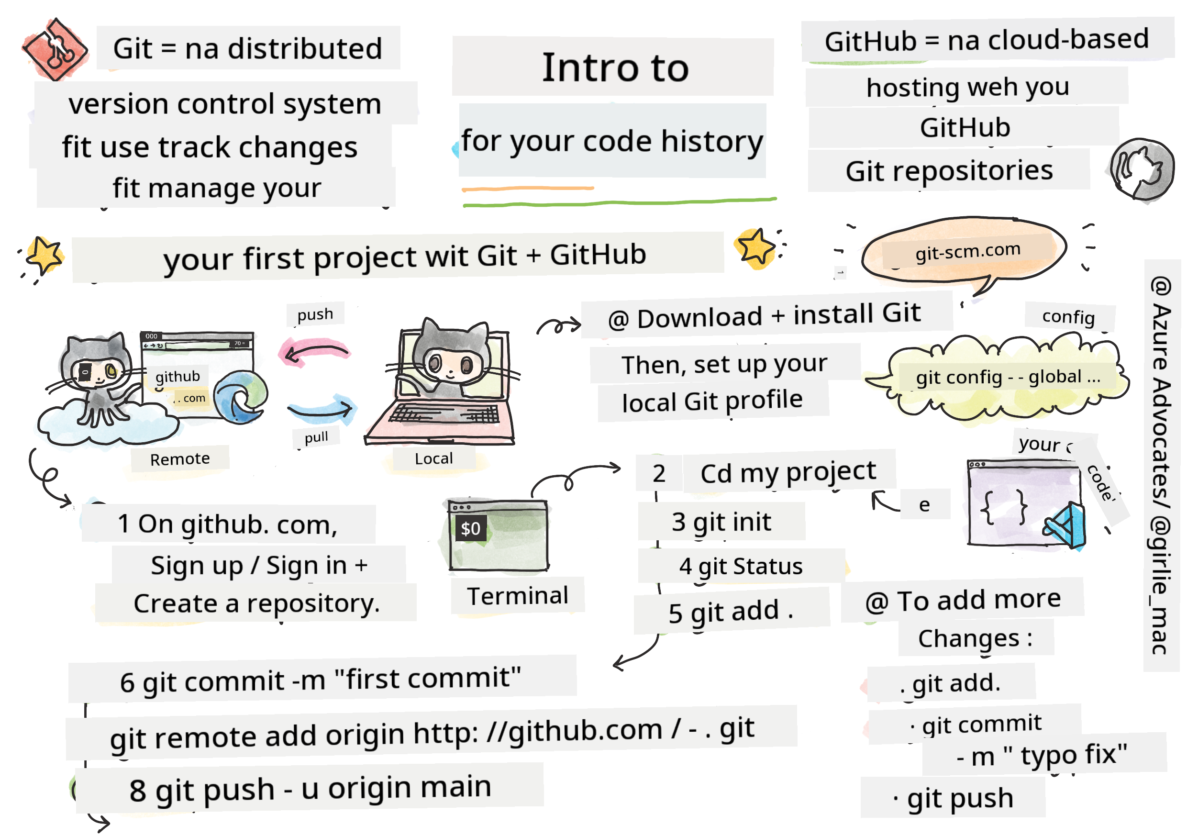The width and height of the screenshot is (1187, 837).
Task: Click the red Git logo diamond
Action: pyautogui.click(x=55, y=50)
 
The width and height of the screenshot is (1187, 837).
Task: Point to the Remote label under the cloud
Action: pyautogui.click(x=180, y=459)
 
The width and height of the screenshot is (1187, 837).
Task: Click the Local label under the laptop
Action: pyautogui.click(x=434, y=458)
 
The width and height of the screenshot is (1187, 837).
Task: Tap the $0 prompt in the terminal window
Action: pyautogui.click(x=470, y=528)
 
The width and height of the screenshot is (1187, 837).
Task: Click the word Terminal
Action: pyautogui.click(x=518, y=596)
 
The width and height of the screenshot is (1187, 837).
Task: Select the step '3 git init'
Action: pyautogui.click(x=721, y=522)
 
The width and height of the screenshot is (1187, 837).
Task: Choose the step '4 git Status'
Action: pyautogui.click(x=741, y=567)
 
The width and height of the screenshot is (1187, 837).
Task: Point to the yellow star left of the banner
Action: pyautogui.click(x=44, y=255)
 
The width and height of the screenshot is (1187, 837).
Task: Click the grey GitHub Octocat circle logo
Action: pyautogui.click(x=1142, y=169)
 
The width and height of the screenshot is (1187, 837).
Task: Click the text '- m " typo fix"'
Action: pyautogui.click(x=1042, y=756)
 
